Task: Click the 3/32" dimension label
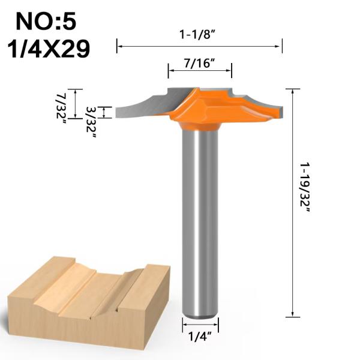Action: pos(91,122)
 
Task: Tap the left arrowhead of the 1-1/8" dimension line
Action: pos(118,45)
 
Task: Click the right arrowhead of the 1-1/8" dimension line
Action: pos(280,45)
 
